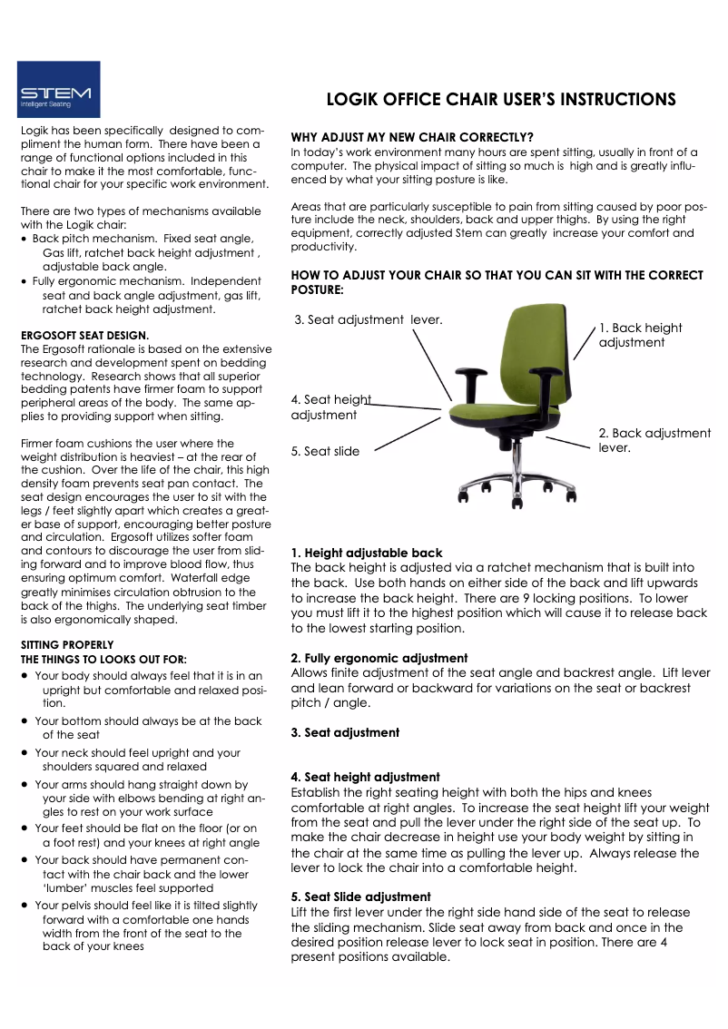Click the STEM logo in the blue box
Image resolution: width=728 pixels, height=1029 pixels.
point(58,90)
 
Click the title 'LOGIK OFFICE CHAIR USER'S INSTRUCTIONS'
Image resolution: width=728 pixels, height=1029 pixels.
point(500,99)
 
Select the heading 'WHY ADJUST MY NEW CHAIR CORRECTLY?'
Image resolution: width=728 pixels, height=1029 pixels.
point(411,136)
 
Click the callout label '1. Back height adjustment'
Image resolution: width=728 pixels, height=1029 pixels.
point(640,335)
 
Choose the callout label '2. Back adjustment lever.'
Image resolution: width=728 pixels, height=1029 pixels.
point(654,440)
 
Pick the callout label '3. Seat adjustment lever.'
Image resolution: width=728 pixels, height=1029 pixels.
point(369,319)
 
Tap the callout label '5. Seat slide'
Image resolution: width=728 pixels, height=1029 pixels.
point(325,451)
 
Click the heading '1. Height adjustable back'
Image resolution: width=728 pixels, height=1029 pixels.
point(367,553)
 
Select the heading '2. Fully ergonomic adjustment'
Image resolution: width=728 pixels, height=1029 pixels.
point(379,658)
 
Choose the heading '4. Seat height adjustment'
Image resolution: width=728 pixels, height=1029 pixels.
point(365,777)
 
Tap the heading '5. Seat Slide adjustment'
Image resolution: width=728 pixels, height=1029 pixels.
point(360,897)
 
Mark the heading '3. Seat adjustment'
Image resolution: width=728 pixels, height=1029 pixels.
point(345,732)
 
